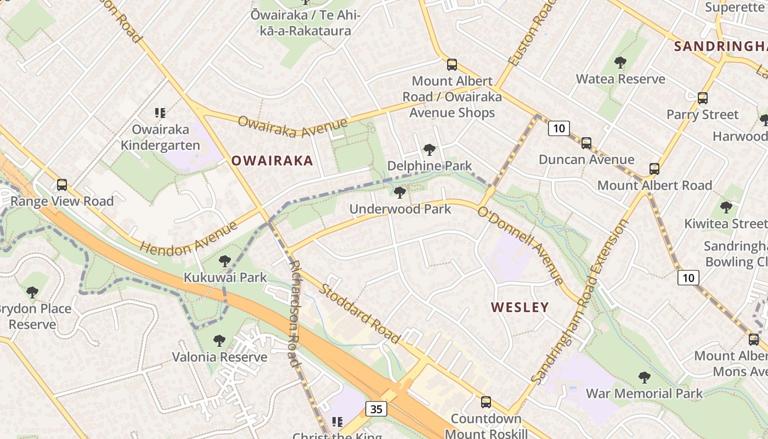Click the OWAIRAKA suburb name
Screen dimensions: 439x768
[x=272, y=161]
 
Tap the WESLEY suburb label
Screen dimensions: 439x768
[x=519, y=307]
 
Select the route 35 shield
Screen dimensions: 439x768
[x=376, y=409]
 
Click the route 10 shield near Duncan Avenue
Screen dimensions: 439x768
[x=558, y=128]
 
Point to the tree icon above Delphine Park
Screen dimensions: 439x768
[x=430, y=149]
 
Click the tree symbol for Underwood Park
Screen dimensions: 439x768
[x=400, y=192]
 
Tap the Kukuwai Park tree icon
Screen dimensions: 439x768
[x=224, y=261]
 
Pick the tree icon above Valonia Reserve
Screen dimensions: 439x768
[x=219, y=341]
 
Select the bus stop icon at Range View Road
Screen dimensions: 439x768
[x=62, y=185]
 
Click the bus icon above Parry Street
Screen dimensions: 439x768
[x=703, y=98]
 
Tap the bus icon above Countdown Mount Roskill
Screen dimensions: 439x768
[x=486, y=402]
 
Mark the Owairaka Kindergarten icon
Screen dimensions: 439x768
[x=160, y=113]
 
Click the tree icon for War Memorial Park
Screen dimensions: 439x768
[x=644, y=378]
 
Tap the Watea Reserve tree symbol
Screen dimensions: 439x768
[x=620, y=63]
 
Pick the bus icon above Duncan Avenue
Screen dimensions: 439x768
[x=586, y=143]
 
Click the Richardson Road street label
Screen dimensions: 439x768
[x=295, y=312]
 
